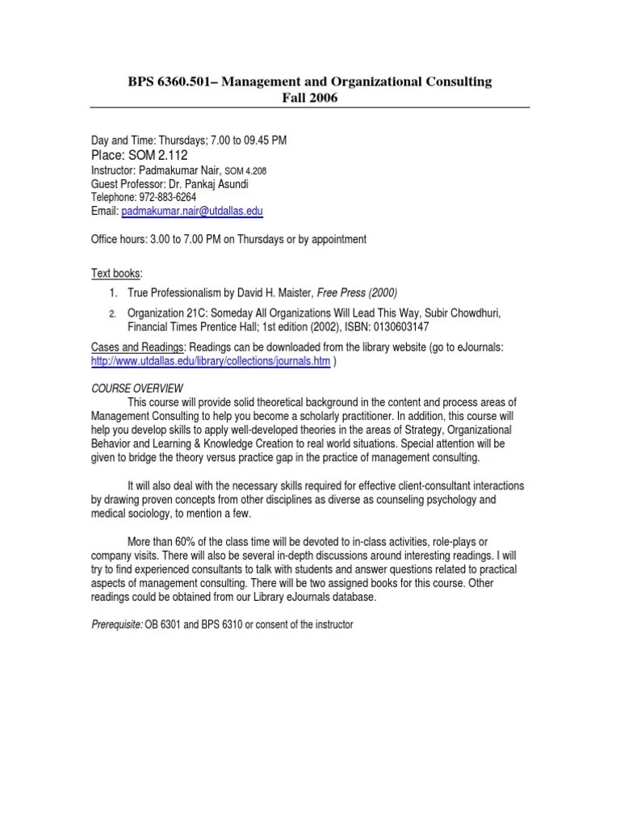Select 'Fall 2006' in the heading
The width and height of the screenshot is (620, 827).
coord(309,99)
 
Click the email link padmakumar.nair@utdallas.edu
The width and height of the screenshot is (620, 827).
coord(192,212)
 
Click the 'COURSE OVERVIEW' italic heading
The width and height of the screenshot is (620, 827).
coord(136,388)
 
